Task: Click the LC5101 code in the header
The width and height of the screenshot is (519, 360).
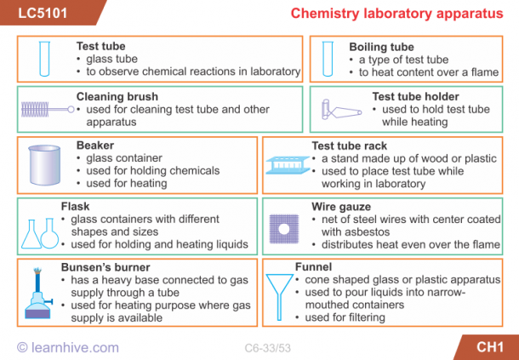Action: coord(43,13)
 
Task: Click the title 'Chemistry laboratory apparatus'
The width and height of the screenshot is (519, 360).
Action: coord(396,14)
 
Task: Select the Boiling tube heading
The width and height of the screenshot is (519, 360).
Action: coord(381,47)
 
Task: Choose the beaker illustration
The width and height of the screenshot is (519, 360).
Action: coord(44,165)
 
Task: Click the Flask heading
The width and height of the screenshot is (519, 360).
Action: coord(75,206)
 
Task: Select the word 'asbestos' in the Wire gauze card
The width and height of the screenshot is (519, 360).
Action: coord(343,231)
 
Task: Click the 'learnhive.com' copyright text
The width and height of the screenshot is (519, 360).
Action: coord(68,347)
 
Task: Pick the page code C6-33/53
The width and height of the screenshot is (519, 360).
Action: coord(267,348)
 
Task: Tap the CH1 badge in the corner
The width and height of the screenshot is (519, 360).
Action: coord(490,346)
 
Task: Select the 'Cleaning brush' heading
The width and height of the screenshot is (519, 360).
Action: coord(117,97)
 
